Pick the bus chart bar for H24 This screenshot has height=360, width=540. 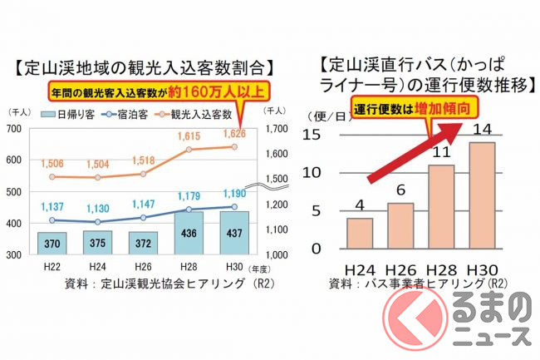click(x=358, y=233)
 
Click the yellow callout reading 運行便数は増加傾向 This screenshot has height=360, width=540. click(x=404, y=109)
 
